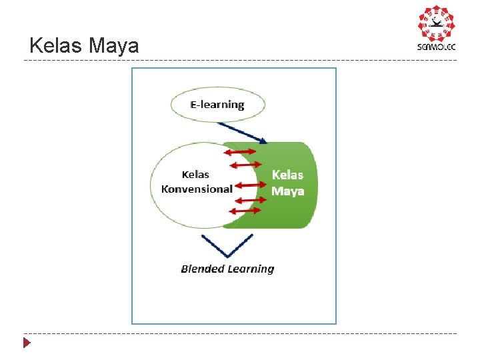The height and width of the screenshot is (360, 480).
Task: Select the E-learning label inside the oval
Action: [x=217, y=105]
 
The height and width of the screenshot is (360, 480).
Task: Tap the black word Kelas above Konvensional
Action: [x=196, y=175]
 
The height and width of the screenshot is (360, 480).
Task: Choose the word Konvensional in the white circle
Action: [x=197, y=189]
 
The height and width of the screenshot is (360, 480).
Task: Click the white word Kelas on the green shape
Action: [x=287, y=175]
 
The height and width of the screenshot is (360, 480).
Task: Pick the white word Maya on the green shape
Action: [x=287, y=191]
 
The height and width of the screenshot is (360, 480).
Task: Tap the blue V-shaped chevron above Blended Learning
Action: [x=227, y=246]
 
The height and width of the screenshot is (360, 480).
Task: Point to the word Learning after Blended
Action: [x=250, y=269]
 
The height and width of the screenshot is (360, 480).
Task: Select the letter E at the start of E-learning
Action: [x=194, y=105]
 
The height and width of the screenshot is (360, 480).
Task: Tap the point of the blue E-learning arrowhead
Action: [x=267, y=142]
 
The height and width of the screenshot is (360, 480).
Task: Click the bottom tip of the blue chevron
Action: [x=227, y=257]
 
